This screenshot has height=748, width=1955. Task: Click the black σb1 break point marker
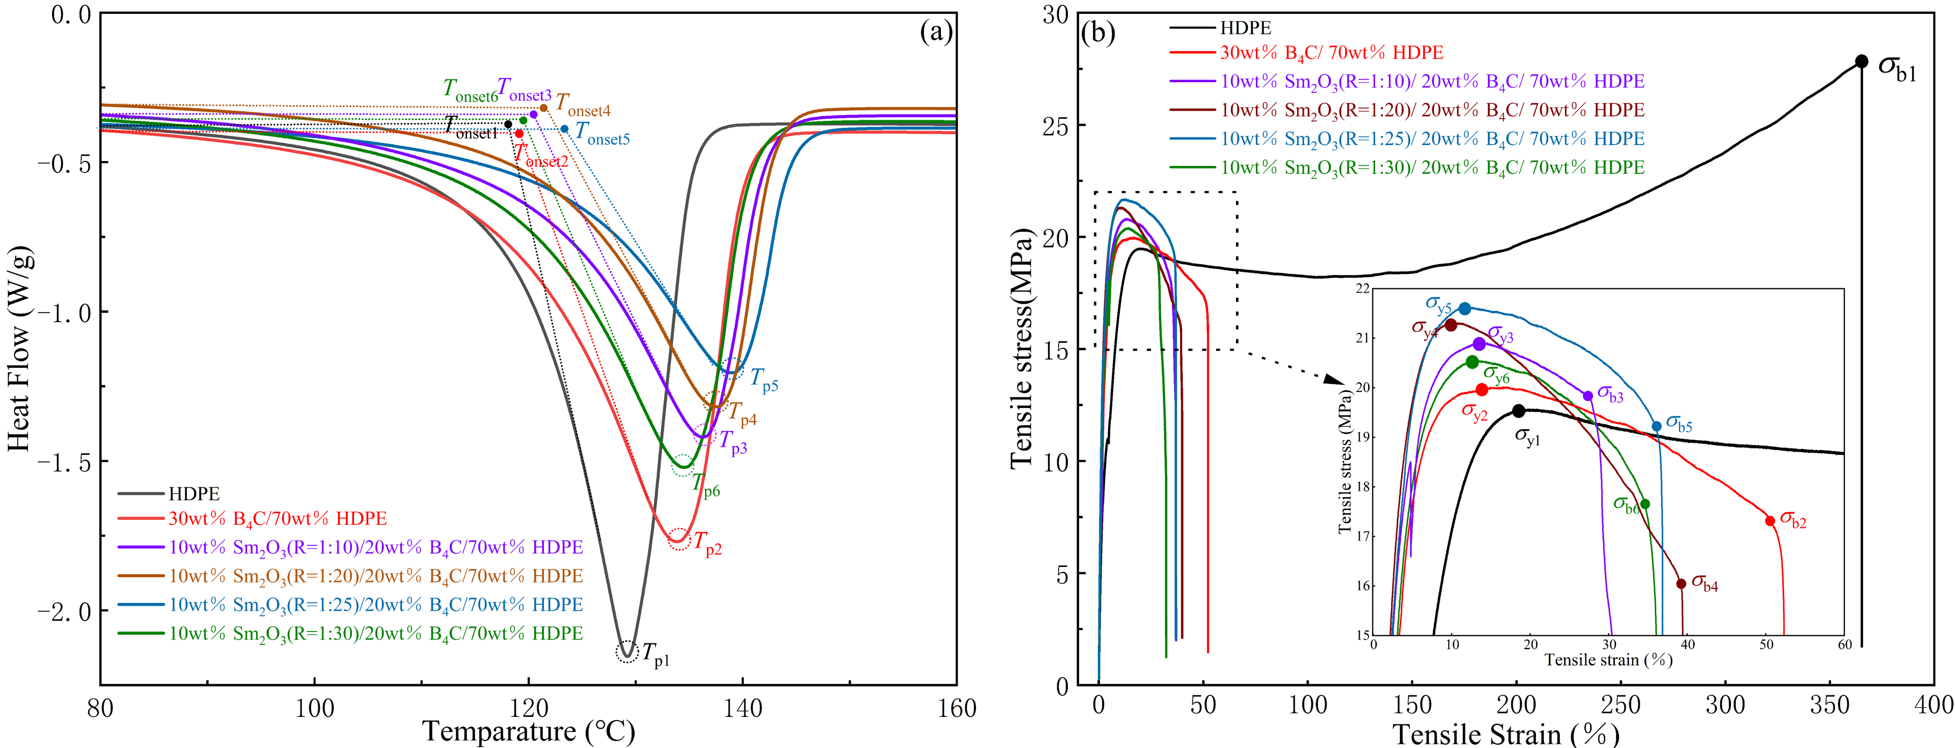[1861, 61]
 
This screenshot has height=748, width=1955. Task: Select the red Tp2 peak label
[707, 544]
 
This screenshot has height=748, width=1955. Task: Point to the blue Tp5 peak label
[764, 379]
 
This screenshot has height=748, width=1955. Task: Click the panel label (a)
[936, 32]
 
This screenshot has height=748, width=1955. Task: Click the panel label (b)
[1098, 32]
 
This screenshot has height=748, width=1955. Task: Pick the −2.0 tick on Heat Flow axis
[63, 611]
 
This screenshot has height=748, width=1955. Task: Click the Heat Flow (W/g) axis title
[20, 349]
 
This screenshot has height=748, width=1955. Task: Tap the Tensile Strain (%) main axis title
[1506, 734]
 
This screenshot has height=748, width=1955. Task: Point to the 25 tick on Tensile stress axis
[1055, 125]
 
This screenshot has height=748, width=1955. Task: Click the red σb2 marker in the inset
[1770, 520]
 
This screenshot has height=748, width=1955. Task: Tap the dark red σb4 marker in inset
[1681, 583]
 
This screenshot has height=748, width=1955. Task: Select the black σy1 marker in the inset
[1519, 411]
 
